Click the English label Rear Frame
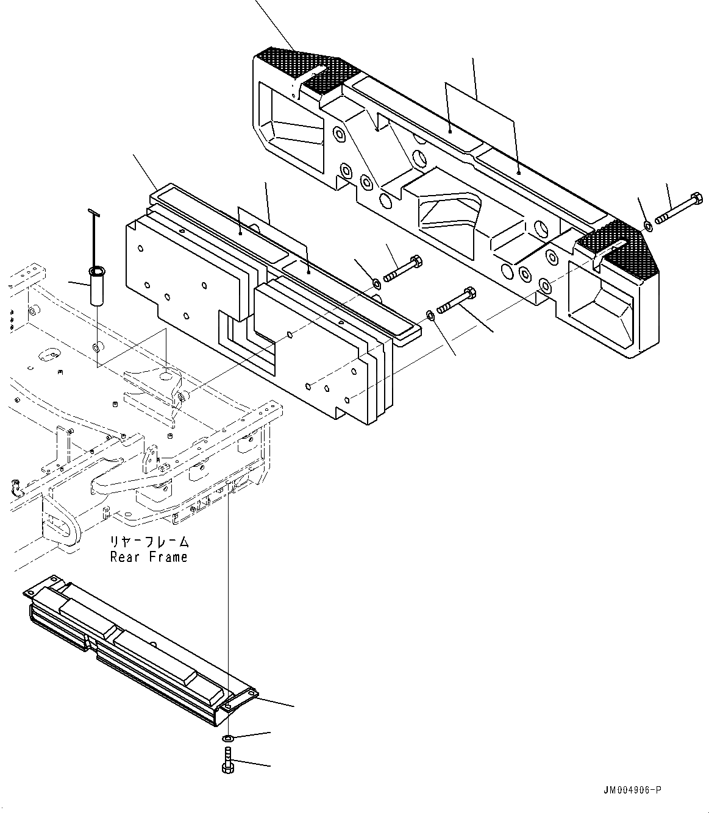point(149,556)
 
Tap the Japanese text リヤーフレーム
point(149,542)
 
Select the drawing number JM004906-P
point(630,790)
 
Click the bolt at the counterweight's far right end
point(679,208)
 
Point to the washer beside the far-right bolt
point(648,227)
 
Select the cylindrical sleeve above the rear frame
point(96,285)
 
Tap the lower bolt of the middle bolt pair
point(457,299)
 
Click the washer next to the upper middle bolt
point(377,283)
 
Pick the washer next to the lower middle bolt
point(430,314)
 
